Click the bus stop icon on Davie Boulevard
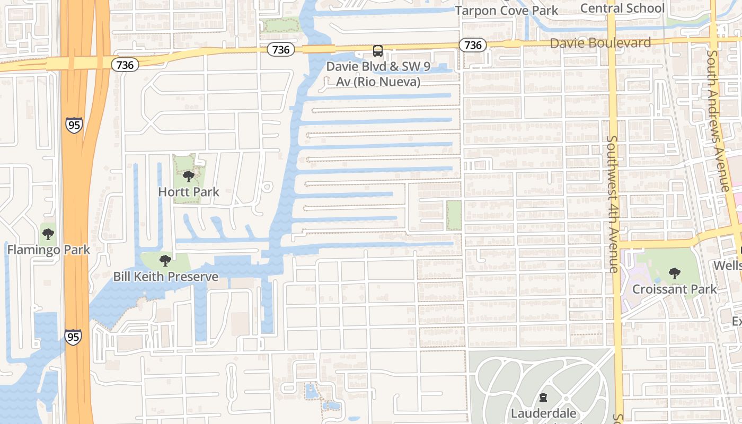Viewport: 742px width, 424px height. pos(377,51)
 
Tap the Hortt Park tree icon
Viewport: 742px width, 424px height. pos(188,176)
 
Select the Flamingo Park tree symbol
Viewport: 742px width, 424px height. pos(48,234)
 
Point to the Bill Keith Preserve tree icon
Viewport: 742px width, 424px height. pos(165,261)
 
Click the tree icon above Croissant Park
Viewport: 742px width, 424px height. pos(674,273)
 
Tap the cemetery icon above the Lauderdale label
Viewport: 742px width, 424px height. pos(543,397)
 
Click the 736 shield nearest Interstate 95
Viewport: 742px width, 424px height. pos(125,65)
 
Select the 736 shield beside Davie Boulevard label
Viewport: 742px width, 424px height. pos(473,45)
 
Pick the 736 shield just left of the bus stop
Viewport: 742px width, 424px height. pos(281,50)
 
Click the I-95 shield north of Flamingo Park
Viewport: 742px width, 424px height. pos(74,125)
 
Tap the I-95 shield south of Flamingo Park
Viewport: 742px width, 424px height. pos(74,337)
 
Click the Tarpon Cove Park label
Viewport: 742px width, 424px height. pos(507,11)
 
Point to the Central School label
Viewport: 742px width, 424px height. pos(622,8)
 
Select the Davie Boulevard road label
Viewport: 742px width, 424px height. pos(600,43)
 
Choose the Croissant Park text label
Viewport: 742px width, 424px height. pos(674,289)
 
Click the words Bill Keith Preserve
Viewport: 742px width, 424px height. pos(165,277)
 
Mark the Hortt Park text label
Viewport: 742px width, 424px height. pos(188,192)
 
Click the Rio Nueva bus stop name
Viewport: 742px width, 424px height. pos(378,74)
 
